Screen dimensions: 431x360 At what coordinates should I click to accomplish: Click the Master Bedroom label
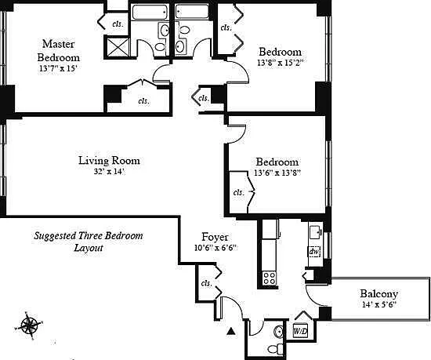[59, 51]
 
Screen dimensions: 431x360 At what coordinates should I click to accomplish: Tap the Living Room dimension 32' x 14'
[110, 172]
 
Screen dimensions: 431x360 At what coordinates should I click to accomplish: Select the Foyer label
[215, 237]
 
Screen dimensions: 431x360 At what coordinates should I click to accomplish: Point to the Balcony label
[379, 293]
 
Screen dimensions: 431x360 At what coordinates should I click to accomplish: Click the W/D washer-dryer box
[300, 331]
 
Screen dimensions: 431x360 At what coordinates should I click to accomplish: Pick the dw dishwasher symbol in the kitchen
[314, 251]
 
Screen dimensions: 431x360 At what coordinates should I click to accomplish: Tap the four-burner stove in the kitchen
[269, 278]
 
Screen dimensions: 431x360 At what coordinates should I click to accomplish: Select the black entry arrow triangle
[231, 331]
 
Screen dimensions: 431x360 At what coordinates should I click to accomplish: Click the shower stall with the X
[118, 47]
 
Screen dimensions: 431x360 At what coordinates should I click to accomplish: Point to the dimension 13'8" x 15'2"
[280, 63]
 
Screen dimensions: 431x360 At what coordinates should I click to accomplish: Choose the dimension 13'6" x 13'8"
[277, 173]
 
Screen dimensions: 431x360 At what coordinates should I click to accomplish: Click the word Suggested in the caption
[55, 236]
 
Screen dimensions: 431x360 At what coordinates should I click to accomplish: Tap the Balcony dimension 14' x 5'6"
[378, 305]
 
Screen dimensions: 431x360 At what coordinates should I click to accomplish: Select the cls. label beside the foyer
[206, 283]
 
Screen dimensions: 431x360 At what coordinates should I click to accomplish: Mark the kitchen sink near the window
[316, 232]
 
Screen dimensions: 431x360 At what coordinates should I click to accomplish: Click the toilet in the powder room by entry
[275, 349]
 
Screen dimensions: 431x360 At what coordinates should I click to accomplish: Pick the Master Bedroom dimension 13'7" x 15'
[58, 68]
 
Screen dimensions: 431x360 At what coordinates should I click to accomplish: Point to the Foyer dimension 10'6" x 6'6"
[215, 248]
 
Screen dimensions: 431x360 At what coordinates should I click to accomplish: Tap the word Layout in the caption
[89, 248]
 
